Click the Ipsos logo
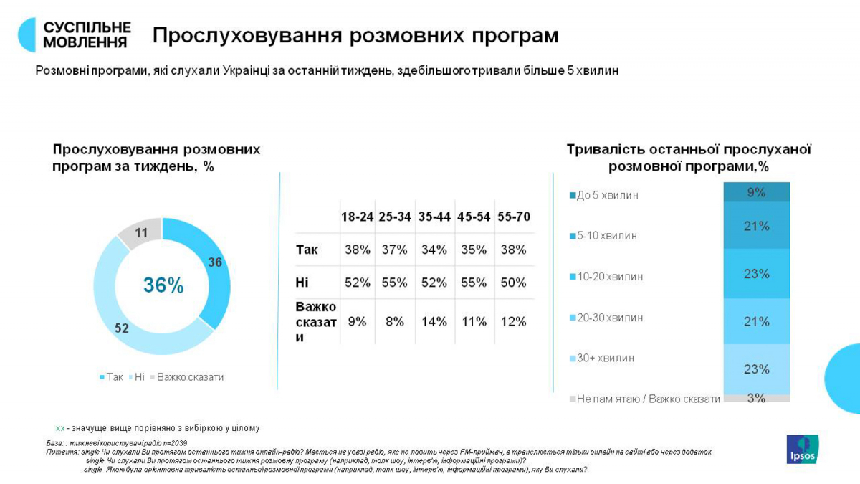pyautogui.click(x=802, y=449)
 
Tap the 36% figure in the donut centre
pyautogui.click(x=163, y=285)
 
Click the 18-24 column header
pyautogui.click(x=357, y=217)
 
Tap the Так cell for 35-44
pyautogui.click(x=434, y=250)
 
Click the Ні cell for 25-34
pyautogui.click(x=395, y=283)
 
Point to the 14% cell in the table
pyautogui.click(x=434, y=322)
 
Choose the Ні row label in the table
pyautogui.click(x=302, y=283)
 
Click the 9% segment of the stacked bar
pyautogui.click(x=756, y=192)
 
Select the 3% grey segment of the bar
pyautogui.click(x=756, y=398)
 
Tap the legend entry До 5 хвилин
pyautogui.click(x=606, y=195)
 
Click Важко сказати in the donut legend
pyautogui.click(x=190, y=377)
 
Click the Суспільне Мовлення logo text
pyautogui.click(x=87, y=34)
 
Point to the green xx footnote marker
pyautogui.click(x=60, y=428)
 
